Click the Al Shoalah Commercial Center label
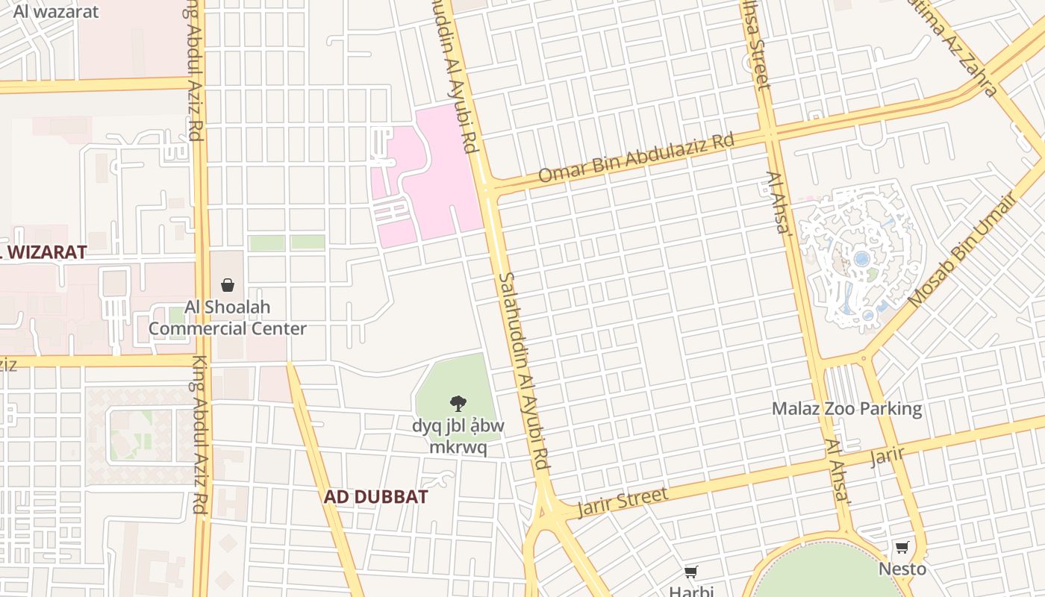coord(227,318)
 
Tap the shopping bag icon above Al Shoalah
coord(228,285)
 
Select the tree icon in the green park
coord(458,404)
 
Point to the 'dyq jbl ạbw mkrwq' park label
coord(458,437)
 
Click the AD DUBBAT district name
coord(375,497)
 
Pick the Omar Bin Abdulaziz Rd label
coord(636,158)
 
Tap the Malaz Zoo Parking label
coord(846,409)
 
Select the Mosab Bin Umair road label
coord(963,250)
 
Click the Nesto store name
coord(902,569)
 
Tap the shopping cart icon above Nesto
coord(902,547)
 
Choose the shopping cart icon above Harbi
coord(691,572)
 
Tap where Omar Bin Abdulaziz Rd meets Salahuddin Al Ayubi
coord(488,187)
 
